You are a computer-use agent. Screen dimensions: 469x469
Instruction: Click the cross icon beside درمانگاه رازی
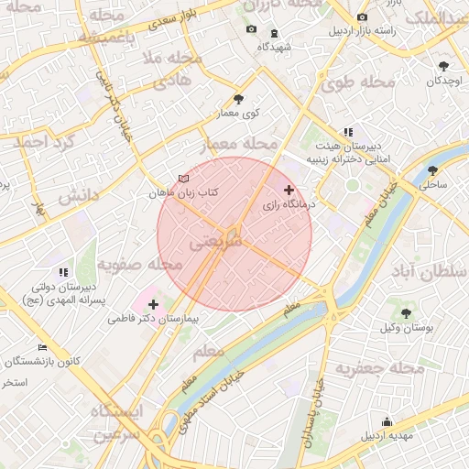[x=290, y=190]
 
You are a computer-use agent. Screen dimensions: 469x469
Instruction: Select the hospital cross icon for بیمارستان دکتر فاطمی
[x=152, y=303]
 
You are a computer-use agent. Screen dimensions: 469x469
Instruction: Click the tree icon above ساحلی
[x=432, y=169]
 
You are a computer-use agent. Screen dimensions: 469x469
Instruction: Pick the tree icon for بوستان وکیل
[x=405, y=312]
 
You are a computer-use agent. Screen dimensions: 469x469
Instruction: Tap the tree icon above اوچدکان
[x=444, y=66]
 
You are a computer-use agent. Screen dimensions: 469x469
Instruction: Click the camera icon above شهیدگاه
[x=251, y=30]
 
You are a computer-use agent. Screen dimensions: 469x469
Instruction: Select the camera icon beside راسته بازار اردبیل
[x=363, y=17]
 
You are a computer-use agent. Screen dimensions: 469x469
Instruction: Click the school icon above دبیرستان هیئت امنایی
[x=347, y=132]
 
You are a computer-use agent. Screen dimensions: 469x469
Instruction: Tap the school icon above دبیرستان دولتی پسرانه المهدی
[x=63, y=271]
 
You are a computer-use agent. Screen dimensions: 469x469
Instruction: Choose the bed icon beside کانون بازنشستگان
[x=42, y=347]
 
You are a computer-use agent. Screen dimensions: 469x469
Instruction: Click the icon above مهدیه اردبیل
[x=387, y=421]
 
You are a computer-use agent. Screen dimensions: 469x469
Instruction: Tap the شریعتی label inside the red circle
[x=217, y=245]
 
